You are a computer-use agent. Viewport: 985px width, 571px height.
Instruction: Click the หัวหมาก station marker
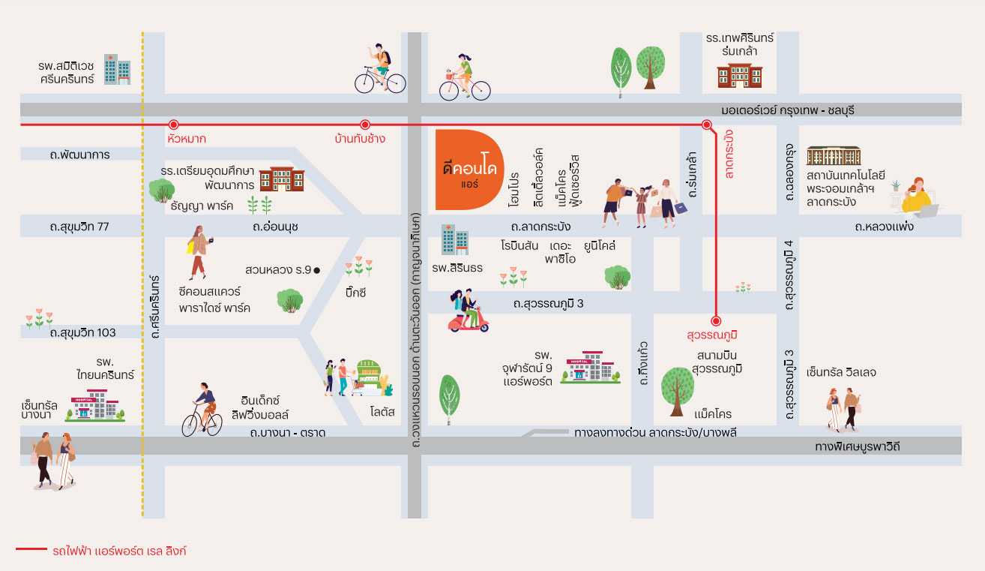(x=174, y=125)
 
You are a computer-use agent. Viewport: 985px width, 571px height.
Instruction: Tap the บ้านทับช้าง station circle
(x=365, y=125)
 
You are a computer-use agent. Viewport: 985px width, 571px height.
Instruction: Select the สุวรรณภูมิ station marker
(x=716, y=320)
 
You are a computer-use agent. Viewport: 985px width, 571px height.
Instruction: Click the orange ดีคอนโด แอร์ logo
(x=469, y=170)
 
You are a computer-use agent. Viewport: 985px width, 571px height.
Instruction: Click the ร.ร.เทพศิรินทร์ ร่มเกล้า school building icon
(x=740, y=76)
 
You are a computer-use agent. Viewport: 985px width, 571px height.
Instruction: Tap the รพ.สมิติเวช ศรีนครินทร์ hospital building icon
(x=117, y=69)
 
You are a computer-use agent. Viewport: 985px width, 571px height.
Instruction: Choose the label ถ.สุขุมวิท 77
(x=79, y=227)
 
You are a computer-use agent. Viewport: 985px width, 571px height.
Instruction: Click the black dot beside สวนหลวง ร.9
(x=316, y=270)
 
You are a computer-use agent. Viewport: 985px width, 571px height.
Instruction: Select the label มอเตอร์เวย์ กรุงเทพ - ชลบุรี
(x=788, y=110)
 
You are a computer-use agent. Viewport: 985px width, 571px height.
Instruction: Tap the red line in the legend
(x=31, y=549)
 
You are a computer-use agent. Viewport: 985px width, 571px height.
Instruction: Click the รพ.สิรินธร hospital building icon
(x=455, y=240)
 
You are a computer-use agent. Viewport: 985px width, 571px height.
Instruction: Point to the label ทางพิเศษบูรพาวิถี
(x=857, y=447)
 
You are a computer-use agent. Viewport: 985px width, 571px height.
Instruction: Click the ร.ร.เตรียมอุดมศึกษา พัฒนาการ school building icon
(x=281, y=179)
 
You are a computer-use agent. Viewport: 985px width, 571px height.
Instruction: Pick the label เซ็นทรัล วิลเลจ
(x=841, y=372)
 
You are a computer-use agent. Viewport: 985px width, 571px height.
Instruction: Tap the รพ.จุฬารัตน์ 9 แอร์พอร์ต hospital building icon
(x=590, y=367)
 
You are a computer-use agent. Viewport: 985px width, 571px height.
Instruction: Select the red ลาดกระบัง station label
(x=729, y=154)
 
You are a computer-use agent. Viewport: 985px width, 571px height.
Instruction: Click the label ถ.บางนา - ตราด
(x=288, y=433)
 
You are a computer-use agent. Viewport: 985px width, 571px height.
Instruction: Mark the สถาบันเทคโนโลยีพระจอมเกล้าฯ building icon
(x=834, y=155)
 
